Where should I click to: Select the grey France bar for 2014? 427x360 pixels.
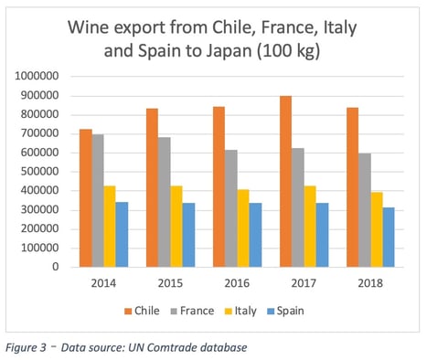pos(97,201)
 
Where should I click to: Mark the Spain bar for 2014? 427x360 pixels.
pos(123,235)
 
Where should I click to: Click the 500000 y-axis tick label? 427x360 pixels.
pos(38,171)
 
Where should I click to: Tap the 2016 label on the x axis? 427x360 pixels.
pos(229,284)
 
